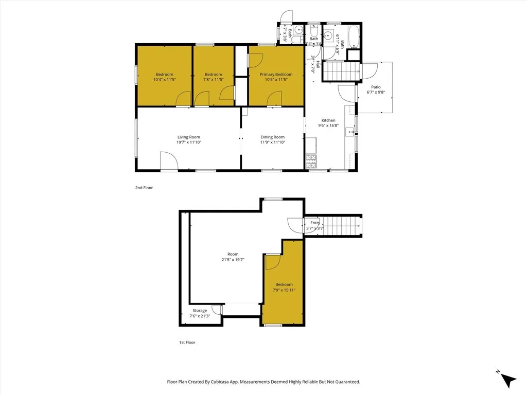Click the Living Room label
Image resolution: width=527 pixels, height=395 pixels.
pos(188,137)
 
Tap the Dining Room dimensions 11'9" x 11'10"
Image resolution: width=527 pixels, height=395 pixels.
pos(272,142)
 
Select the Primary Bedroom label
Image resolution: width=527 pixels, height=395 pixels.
pos(276,75)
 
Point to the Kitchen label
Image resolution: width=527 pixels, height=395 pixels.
pos(328,120)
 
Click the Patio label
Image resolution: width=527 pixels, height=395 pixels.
pos(376,87)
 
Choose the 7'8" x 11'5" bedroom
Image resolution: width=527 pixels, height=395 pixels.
pos(213,77)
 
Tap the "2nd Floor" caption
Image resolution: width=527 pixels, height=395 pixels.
pos(144,188)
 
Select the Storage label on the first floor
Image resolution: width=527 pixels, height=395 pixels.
pos(200,311)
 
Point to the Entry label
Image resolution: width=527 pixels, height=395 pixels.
pos(315,223)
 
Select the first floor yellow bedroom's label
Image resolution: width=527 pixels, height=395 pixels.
pos(284,284)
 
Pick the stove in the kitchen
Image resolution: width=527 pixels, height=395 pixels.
pos(311,162)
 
